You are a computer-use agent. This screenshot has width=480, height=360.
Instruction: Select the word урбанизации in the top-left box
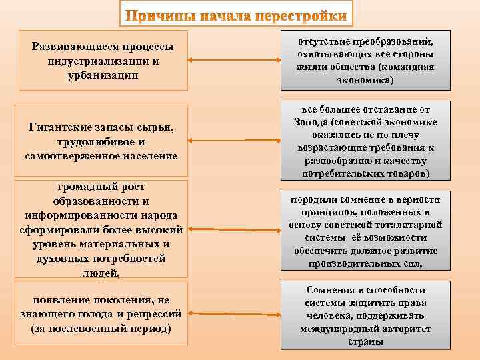pos(103,75)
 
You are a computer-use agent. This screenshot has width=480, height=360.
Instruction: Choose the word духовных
pos(65,259)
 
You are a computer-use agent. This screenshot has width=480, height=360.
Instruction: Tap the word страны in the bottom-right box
pos(365,341)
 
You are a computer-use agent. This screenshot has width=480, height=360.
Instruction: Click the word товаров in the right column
pos(401,173)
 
